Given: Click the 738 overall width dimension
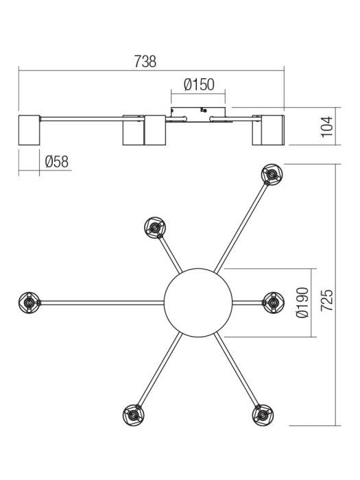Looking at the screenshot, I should click(145, 60).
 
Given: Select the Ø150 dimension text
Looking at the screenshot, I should click(199, 85).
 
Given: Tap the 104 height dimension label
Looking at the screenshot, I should click(327, 126).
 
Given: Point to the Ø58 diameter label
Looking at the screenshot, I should click(56, 162).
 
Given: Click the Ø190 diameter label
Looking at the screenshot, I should click(302, 302).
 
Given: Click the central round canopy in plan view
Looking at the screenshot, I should click(199, 301).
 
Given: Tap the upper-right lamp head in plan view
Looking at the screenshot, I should click(271, 176).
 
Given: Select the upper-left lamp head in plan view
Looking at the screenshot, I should click(155, 227).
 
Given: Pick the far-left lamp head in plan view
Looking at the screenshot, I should click(29, 301).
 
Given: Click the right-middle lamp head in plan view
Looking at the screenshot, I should click(273, 301).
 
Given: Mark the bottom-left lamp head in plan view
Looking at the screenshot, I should click(132, 415).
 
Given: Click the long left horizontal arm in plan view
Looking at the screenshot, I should click(103, 301).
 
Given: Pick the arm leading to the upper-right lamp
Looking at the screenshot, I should click(241, 227).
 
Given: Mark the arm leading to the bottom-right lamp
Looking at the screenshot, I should click(237, 370).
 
